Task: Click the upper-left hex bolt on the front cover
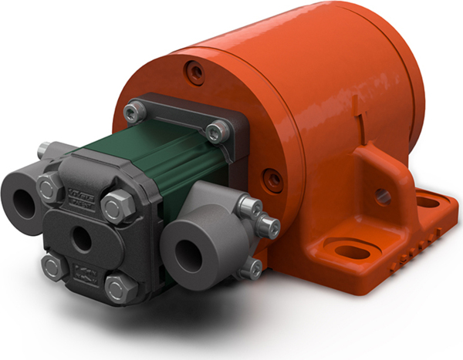tap(49, 185)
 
